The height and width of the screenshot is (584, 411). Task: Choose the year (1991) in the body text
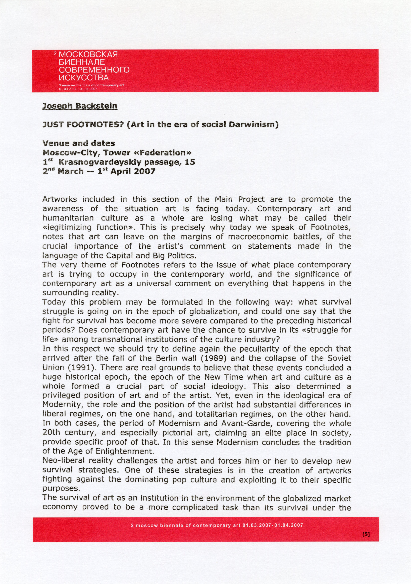75,368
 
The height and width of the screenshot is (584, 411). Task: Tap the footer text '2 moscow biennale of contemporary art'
185,525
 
